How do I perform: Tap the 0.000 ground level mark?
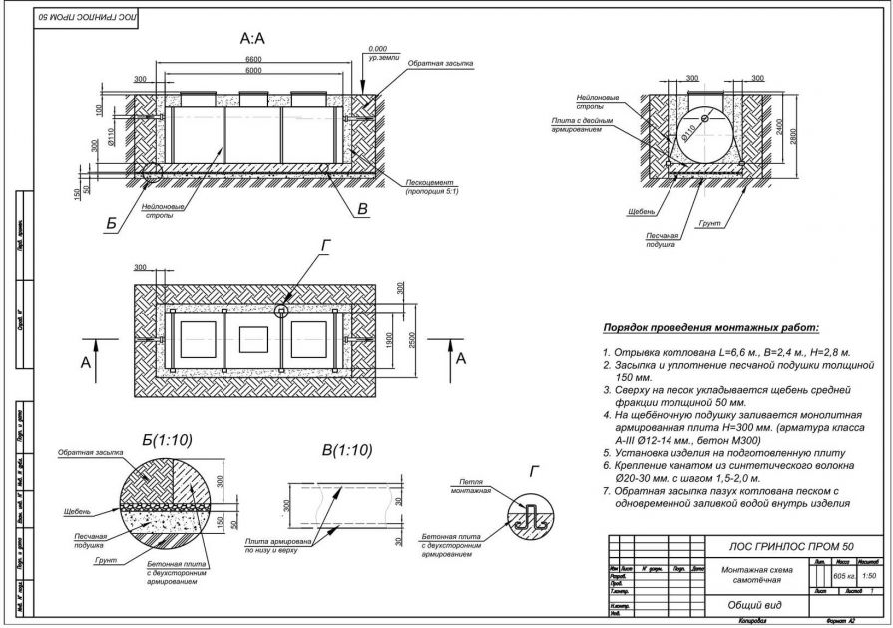click(377, 48)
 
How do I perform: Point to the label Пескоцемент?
click(431, 183)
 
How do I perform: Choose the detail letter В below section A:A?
click(362, 210)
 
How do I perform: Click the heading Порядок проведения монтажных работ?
click(709, 327)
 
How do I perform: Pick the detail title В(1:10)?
click(342, 451)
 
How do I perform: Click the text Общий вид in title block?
click(746, 603)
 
